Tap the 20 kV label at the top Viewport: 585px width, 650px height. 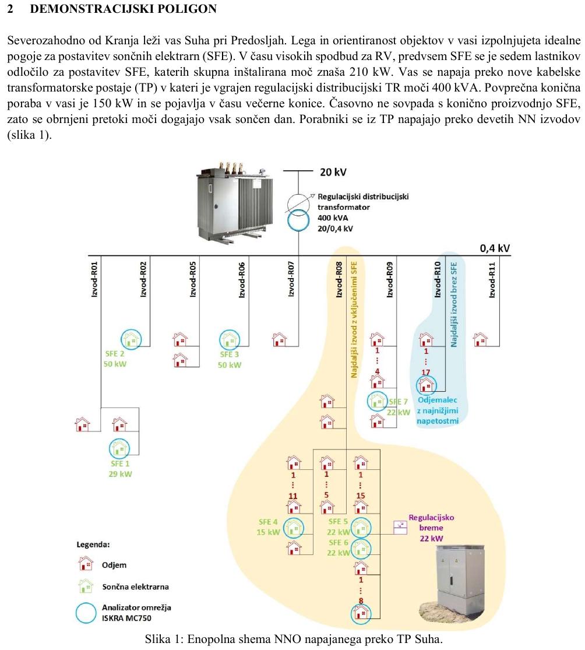point(333,172)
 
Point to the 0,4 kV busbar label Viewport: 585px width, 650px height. point(495,248)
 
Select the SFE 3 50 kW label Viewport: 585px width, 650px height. point(230,360)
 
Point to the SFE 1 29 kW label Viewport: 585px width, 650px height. point(120,469)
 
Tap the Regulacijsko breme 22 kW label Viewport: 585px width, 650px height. point(431,528)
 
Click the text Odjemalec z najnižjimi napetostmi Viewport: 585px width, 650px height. point(438,410)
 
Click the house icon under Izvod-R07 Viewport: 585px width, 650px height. point(280,339)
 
